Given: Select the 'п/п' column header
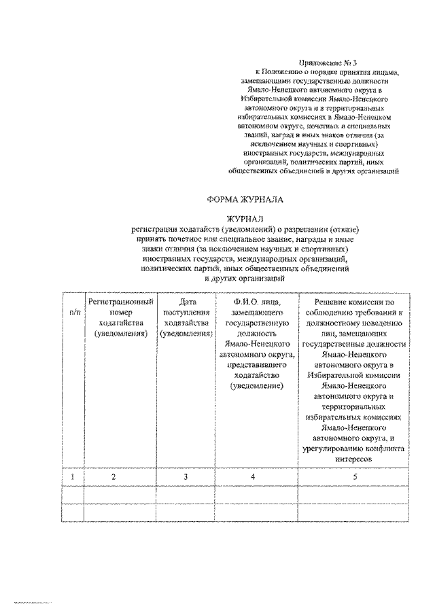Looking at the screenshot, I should [x=73, y=311].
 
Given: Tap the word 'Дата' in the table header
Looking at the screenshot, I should [x=186, y=301].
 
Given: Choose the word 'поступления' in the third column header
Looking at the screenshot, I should [x=186, y=312].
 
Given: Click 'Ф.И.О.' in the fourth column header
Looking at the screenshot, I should [x=236, y=301].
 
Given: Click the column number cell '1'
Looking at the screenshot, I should [x=73, y=476].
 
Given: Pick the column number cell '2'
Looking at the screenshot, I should [x=115, y=476].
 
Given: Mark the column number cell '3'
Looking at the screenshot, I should [x=185, y=476].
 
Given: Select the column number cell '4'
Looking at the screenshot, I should [x=253, y=476].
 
